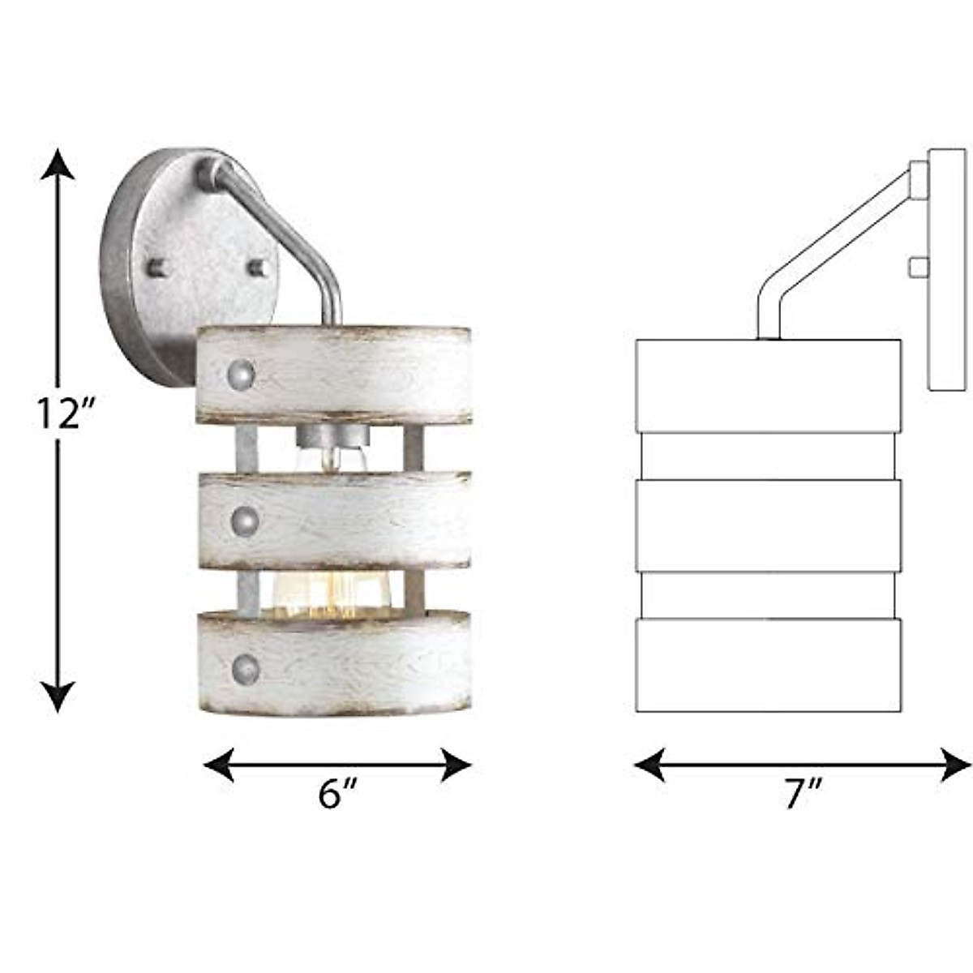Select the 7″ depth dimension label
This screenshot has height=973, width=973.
(x=803, y=793)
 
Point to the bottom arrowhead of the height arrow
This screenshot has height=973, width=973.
(x=58, y=697)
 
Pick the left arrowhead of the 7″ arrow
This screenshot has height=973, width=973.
(x=649, y=765)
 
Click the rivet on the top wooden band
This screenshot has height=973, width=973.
(x=241, y=375)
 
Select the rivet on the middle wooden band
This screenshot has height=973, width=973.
(x=244, y=521)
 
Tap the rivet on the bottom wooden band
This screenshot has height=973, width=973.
(x=246, y=668)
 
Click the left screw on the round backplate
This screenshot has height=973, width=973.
(x=156, y=266)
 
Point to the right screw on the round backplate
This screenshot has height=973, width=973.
(x=258, y=267)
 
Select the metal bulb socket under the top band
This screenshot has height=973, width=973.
(x=332, y=439)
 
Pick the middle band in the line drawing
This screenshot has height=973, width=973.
(x=768, y=525)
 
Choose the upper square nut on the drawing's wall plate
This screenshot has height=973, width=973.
(x=918, y=179)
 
